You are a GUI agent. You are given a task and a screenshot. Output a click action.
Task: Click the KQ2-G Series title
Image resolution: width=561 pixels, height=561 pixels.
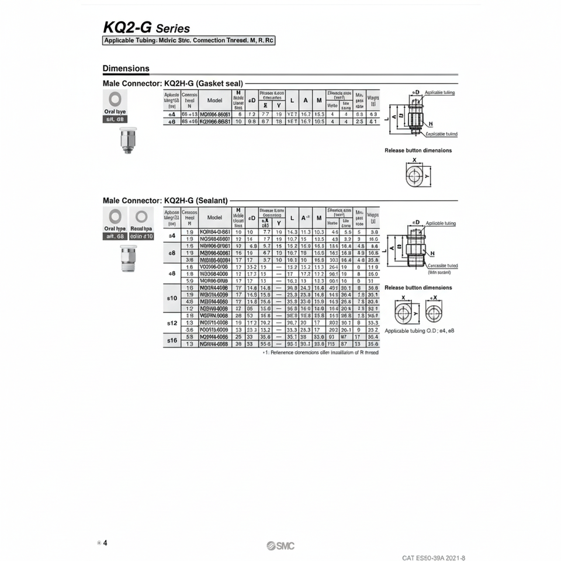tap(146, 27)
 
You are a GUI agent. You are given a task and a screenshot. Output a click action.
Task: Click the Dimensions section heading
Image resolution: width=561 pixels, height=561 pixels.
tap(126, 68)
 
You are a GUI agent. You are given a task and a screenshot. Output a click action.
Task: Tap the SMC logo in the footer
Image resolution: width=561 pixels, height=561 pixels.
tap(280, 546)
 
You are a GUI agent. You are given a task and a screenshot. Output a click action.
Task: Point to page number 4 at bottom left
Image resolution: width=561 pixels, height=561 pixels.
tap(105, 543)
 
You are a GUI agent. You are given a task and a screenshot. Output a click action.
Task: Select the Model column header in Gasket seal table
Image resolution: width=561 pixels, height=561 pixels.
tap(215, 100)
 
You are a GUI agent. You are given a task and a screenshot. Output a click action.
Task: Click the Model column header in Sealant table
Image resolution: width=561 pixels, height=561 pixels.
tap(215, 217)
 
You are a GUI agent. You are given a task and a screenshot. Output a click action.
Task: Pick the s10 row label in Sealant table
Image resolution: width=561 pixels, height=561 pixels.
tap(171, 298)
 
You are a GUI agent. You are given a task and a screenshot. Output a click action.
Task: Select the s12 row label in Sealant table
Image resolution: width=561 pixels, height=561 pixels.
tap(171, 323)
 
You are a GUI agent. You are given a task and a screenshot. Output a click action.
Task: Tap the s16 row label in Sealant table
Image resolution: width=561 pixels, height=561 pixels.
tap(171, 340)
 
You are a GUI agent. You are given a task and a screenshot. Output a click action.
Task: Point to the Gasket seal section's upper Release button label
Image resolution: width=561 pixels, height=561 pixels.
tap(418, 150)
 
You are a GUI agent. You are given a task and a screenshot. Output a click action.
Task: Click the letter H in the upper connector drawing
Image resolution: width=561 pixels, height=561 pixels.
tap(431, 124)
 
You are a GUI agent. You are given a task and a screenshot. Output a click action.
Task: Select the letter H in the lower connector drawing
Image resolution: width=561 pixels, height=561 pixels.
tap(432, 254)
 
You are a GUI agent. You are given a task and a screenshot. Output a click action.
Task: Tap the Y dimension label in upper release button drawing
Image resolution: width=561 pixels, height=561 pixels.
tap(427, 175)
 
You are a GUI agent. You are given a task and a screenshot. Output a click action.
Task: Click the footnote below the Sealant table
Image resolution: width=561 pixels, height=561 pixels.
tap(320, 352)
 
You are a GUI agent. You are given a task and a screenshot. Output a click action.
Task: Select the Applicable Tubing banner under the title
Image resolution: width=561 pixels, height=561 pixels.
tap(189, 41)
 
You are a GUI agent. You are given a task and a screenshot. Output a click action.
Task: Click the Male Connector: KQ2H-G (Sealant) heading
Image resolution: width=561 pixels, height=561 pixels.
tap(165, 200)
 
